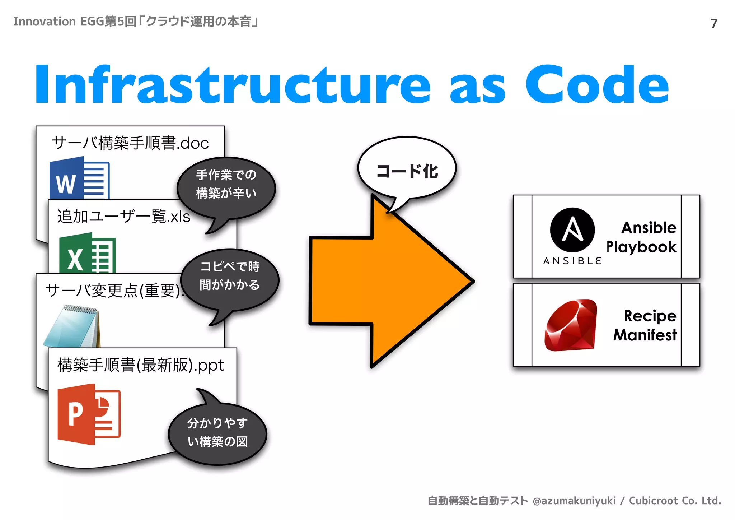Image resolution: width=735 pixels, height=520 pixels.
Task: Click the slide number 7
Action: (714, 23)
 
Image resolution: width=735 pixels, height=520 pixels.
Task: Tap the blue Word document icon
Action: (79, 178)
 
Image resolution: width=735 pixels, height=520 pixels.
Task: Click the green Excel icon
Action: (87, 253)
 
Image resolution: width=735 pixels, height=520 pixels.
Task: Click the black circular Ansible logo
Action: (572, 230)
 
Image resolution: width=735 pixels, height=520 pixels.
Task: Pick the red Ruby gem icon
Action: (571, 325)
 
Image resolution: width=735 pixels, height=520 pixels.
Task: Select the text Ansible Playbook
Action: (641, 237)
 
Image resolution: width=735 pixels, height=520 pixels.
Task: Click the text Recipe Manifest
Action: (645, 325)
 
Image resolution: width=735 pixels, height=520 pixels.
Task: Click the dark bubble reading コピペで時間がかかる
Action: (230, 276)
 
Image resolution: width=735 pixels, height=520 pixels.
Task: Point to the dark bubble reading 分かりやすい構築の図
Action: (217, 432)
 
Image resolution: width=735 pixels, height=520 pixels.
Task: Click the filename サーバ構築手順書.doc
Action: (130, 143)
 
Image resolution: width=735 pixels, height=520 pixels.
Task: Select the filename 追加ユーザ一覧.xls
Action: (124, 217)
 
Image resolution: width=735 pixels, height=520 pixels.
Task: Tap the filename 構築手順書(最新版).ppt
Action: (140, 365)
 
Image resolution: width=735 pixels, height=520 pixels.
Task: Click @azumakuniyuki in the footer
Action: (574, 501)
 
